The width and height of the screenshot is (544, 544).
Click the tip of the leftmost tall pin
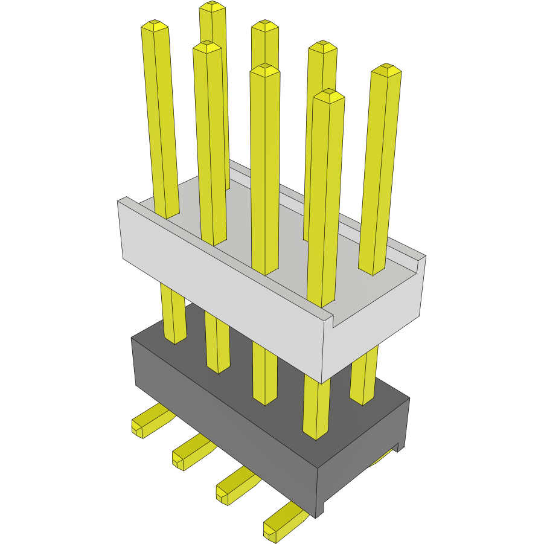155,25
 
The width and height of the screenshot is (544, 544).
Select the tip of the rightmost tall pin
386,70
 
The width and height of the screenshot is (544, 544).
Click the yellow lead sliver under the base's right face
380,460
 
